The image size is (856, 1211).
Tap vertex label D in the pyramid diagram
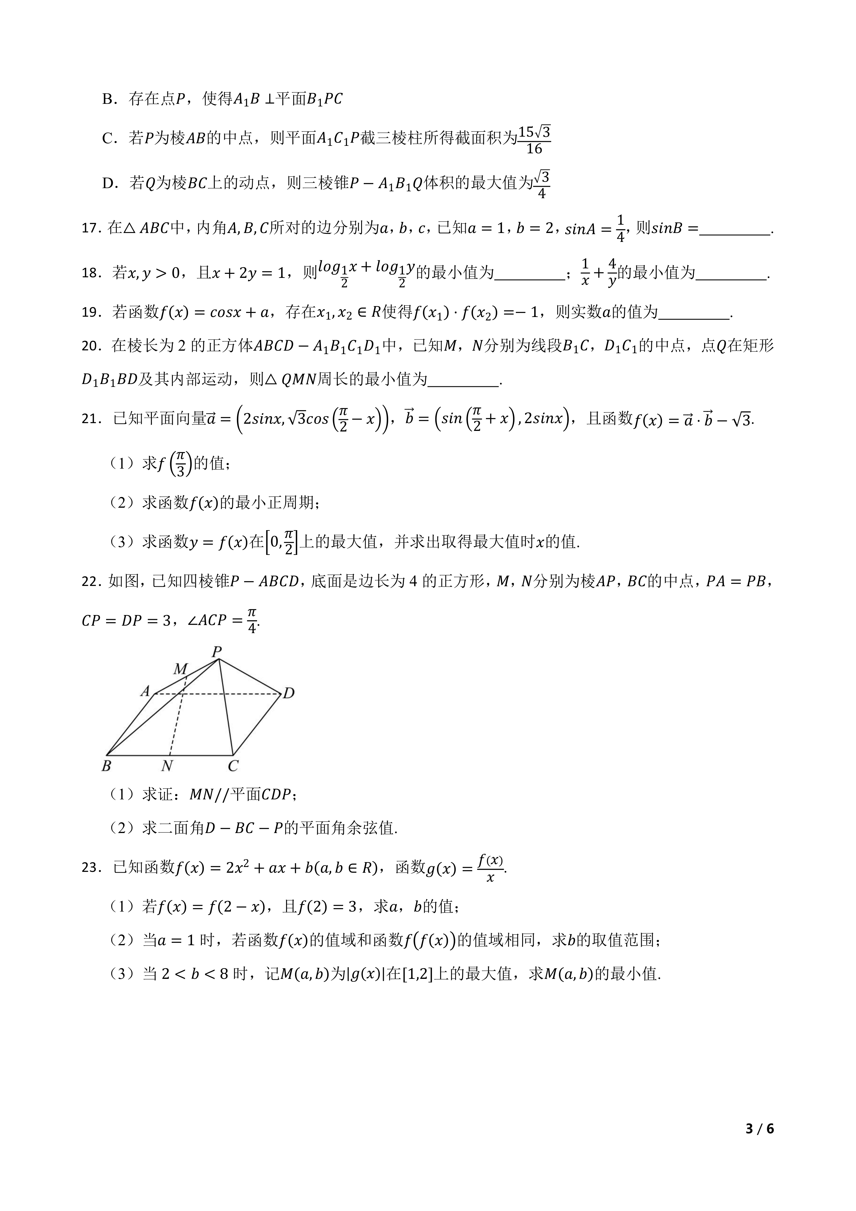[x=288, y=693]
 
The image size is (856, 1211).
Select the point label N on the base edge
[x=168, y=765]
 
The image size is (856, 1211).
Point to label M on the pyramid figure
[x=180, y=669]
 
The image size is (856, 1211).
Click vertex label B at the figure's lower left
[x=106, y=765]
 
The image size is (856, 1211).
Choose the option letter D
[x=109, y=183]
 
